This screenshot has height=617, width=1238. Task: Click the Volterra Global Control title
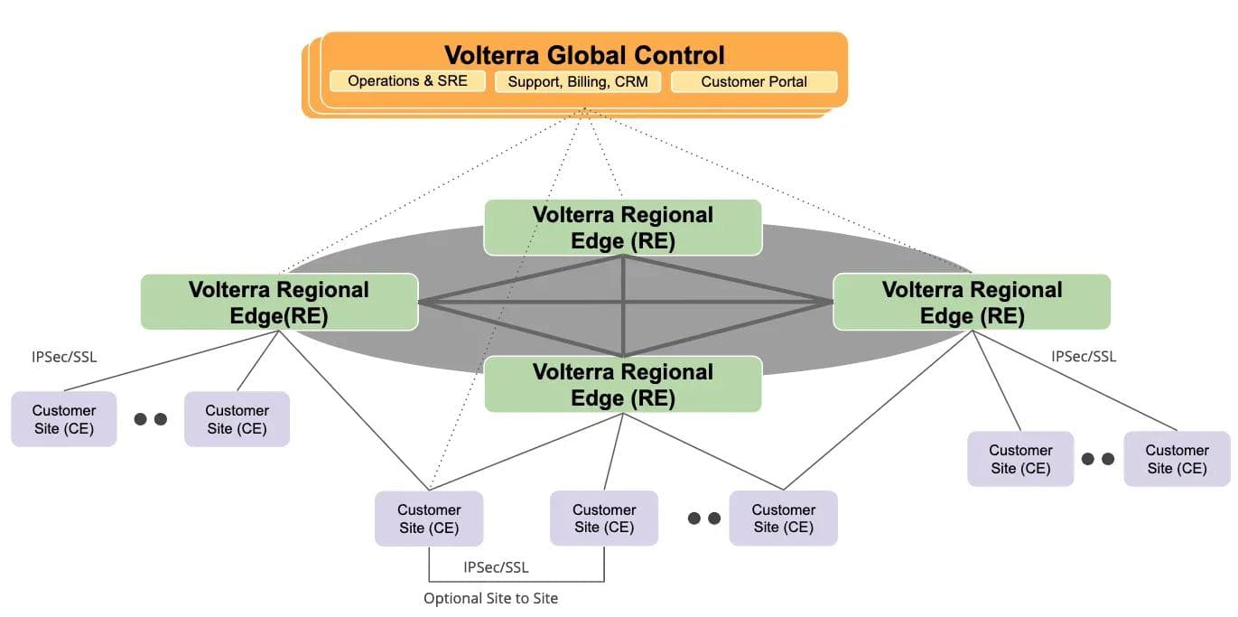click(x=584, y=54)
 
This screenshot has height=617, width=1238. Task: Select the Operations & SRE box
click(x=407, y=81)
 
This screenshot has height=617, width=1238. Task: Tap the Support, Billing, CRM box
click(x=578, y=82)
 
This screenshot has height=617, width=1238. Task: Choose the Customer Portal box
click(x=754, y=82)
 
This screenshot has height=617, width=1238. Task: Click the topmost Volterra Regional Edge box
click(x=622, y=228)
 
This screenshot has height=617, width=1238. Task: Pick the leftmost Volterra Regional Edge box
click(x=279, y=302)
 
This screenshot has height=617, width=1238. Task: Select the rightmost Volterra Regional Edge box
click(x=971, y=302)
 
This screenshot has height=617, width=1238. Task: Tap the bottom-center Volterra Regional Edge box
click(x=622, y=385)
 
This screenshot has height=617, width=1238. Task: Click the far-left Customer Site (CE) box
click(x=63, y=419)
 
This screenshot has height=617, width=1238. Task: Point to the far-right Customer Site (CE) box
click(x=1177, y=459)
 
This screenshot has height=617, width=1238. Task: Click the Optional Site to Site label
click(x=490, y=598)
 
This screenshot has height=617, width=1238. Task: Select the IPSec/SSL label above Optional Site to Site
click(x=496, y=567)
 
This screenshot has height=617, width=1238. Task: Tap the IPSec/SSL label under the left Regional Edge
click(x=63, y=357)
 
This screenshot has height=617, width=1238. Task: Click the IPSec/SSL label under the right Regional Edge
click(x=1084, y=357)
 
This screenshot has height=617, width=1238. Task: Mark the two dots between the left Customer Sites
click(x=150, y=419)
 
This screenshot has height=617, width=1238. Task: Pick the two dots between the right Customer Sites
click(x=1098, y=459)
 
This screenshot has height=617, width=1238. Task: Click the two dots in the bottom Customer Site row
click(x=703, y=519)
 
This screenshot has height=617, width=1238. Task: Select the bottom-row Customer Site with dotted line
click(x=429, y=519)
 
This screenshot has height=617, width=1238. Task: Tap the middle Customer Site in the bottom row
click(x=604, y=519)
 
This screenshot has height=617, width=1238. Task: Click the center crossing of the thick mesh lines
click(x=623, y=302)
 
